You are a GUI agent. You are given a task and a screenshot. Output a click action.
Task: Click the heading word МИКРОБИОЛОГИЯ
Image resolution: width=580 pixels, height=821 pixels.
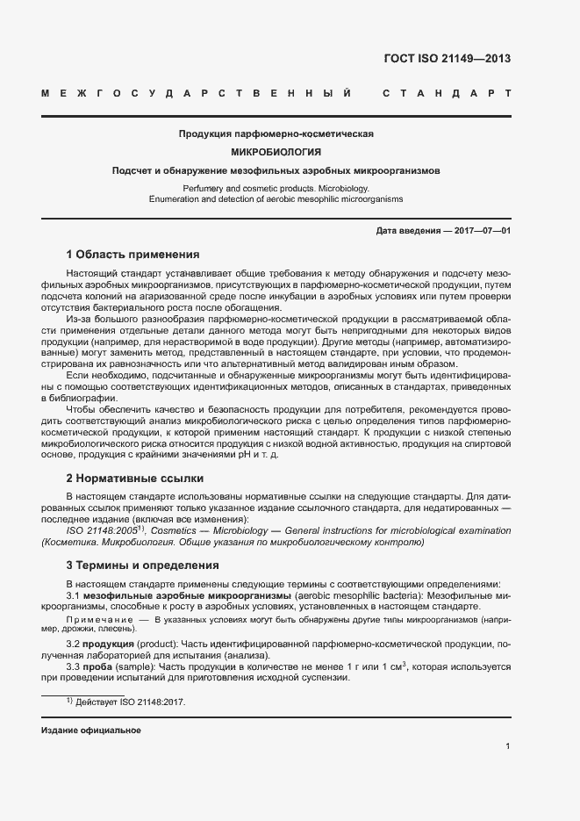pyautogui.click(x=276, y=152)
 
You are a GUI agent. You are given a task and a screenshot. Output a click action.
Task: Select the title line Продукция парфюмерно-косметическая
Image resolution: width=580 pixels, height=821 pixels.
pyautogui.click(x=276, y=134)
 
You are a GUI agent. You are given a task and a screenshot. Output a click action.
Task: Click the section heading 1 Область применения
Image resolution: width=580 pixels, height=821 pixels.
pyautogui.click(x=133, y=254)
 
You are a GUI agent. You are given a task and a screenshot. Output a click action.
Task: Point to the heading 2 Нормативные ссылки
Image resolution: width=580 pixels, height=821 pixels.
pyautogui.click(x=135, y=479)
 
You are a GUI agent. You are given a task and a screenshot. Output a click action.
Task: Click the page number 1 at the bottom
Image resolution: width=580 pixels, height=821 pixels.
pyautogui.click(x=508, y=746)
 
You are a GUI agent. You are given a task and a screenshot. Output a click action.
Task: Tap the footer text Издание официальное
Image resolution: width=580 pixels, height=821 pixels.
pyautogui.click(x=91, y=731)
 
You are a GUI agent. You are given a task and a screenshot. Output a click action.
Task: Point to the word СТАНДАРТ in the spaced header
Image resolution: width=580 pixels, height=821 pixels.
pyautogui.click(x=447, y=93)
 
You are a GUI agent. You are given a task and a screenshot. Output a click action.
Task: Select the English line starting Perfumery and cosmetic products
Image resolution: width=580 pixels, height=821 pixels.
pyautogui.click(x=276, y=189)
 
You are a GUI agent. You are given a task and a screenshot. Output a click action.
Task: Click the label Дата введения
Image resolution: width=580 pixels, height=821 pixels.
pyautogui.click(x=407, y=230)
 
